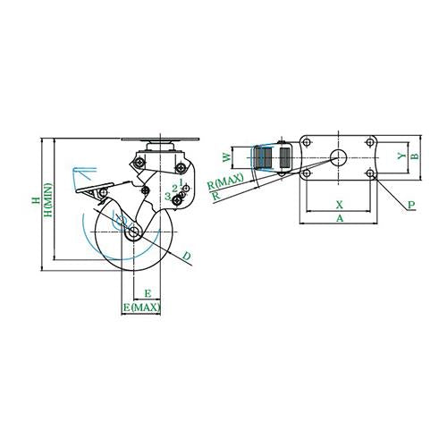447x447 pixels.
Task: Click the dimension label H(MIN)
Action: pyautogui.click(x=48, y=199)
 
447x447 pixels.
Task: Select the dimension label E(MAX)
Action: pyautogui.click(x=142, y=307)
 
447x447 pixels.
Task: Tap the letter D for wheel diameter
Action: pyautogui.click(x=187, y=256)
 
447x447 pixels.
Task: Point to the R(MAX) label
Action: pyautogui.click(x=225, y=181)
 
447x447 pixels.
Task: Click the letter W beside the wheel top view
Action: pyautogui.click(x=227, y=157)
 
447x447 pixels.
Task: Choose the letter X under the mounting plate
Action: pyautogui.click(x=340, y=205)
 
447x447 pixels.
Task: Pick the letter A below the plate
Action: pyautogui.click(x=340, y=218)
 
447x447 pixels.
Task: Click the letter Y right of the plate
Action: pyautogui.click(x=401, y=156)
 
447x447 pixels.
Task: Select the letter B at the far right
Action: pyautogui.click(x=415, y=156)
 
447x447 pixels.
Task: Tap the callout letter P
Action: pyautogui.click(x=411, y=205)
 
